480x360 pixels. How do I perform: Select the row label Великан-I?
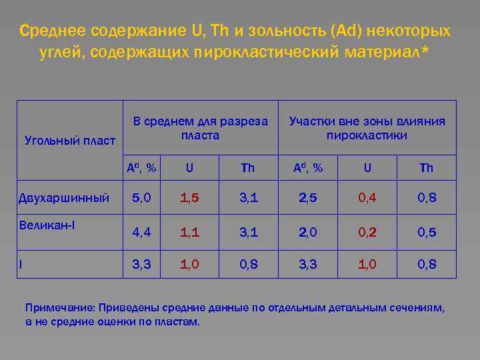point(47,224)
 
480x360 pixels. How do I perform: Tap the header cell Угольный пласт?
point(70,141)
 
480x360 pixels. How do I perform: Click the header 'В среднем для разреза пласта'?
point(200,128)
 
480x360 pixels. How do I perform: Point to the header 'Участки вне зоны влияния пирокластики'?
point(367,128)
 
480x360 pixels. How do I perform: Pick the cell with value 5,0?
point(141,198)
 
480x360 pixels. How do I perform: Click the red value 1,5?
point(189,198)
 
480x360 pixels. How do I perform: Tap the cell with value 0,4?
point(367,198)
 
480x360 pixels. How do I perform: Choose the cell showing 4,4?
point(141,232)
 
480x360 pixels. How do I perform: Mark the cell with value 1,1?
point(189,232)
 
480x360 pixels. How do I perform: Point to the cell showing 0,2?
point(367,232)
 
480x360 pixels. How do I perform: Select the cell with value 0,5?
point(427,232)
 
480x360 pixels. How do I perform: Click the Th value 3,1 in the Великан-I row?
point(247,232)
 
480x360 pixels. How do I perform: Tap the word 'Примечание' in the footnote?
point(60,307)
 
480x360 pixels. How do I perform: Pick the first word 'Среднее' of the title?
point(54,31)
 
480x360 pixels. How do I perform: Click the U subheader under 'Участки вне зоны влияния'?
point(367,168)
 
